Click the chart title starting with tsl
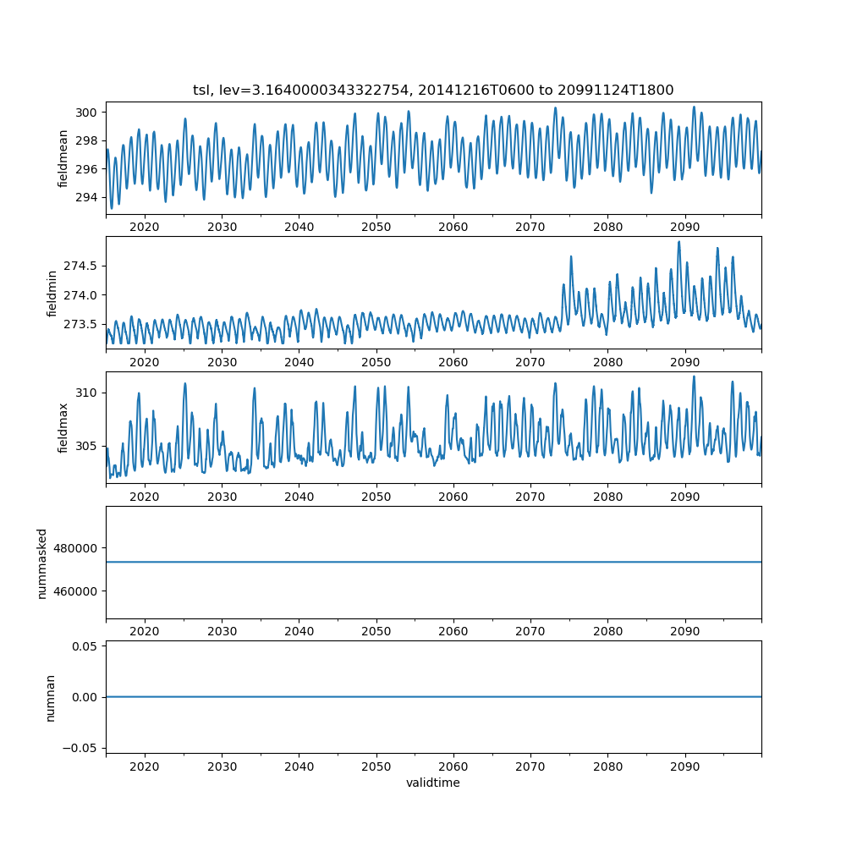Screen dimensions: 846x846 pos(433,90)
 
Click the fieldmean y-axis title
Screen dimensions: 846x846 pos(63,158)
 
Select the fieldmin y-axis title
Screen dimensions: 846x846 pos(52,293)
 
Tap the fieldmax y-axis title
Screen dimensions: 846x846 pos(63,427)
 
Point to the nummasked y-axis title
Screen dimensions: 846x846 pos(41,563)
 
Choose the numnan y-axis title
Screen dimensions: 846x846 pos(52,697)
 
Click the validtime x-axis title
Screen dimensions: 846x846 pos(433,783)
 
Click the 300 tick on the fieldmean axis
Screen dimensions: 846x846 pos(87,113)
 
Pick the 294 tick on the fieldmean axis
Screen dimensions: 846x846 pos(87,197)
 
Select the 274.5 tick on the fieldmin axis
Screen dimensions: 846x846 pos(83,266)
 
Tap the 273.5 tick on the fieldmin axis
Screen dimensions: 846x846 pos(83,324)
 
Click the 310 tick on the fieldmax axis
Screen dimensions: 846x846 pos(87,393)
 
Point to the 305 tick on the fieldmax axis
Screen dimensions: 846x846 pos(87,446)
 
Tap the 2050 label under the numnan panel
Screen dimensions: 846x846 pos(376,766)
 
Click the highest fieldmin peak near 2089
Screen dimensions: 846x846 pos(678,242)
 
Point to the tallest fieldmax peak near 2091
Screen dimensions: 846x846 pos(694,376)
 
